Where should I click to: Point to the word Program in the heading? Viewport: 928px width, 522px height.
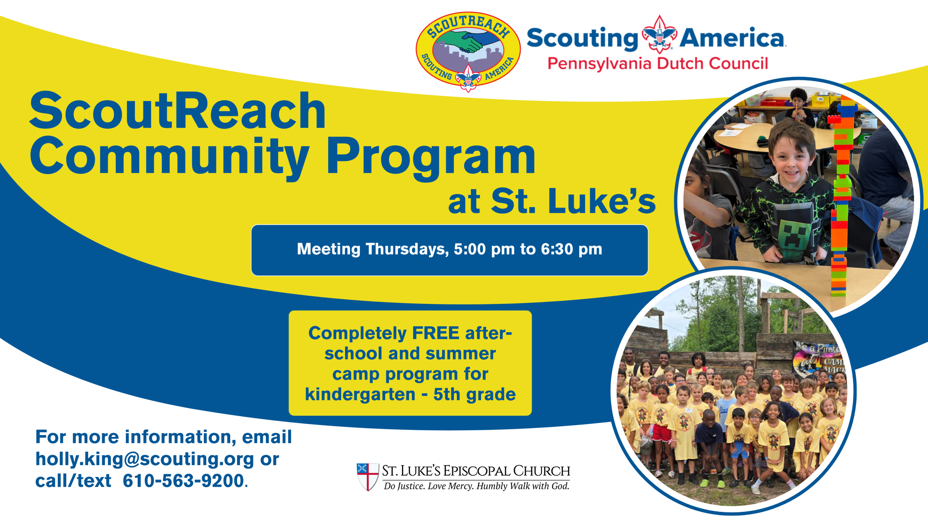(431, 158)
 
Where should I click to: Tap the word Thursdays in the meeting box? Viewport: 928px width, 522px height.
(407, 249)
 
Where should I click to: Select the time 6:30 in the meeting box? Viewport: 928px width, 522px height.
(557, 249)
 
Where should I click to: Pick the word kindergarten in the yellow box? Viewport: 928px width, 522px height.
(360, 394)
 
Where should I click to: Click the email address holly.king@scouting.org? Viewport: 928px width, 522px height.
(145, 459)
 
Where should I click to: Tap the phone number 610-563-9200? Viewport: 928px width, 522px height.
(183, 481)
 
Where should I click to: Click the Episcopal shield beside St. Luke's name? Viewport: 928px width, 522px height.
(368, 477)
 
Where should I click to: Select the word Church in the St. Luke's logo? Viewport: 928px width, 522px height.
(542, 471)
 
